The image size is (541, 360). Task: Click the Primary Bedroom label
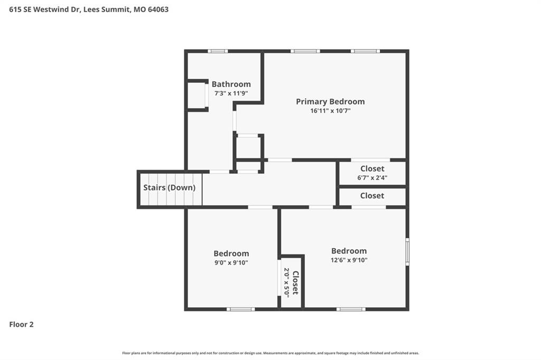(x=330, y=102)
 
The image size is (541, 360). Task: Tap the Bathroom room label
(x=231, y=84)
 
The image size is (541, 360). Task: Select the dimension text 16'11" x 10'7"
(x=330, y=111)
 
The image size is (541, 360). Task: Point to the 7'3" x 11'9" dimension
(x=231, y=93)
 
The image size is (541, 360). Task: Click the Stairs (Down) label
(x=170, y=187)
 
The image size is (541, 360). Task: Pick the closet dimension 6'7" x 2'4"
(x=372, y=177)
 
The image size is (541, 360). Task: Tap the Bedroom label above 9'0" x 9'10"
(x=231, y=253)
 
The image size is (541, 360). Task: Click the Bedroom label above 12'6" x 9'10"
(x=349, y=251)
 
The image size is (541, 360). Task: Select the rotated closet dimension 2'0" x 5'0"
(x=287, y=282)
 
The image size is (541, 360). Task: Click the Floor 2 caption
(x=21, y=325)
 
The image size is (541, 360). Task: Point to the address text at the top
(x=89, y=10)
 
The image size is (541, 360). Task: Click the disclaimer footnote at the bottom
(x=270, y=353)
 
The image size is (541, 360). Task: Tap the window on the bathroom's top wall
(x=218, y=51)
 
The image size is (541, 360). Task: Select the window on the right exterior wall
(x=407, y=251)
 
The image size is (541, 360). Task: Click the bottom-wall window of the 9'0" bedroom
(x=240, y=309)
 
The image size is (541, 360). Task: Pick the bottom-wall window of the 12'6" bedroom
(x=351, y=309)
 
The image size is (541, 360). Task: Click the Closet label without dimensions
(x=372, y=196)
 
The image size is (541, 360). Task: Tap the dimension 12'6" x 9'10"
(x=349, y=260)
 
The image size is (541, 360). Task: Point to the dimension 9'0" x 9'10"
(x=231, y=262)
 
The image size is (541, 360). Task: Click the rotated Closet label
(x=296, y=283)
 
